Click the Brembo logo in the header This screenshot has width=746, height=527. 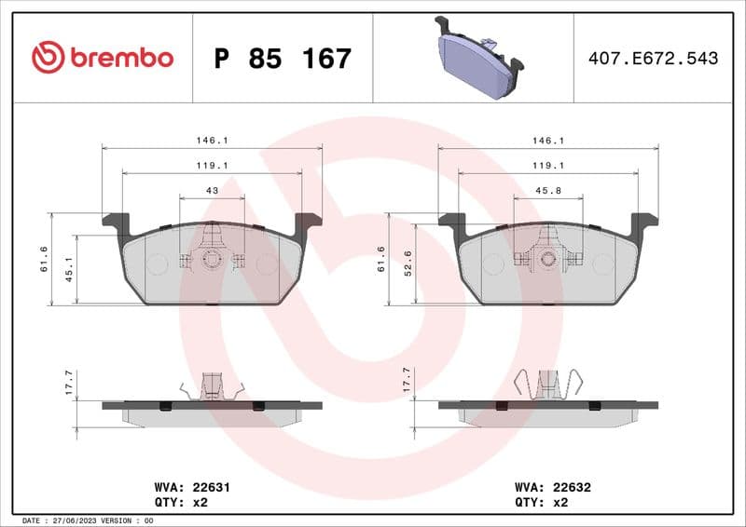tap(103, 58)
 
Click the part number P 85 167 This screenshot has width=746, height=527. tap(283, 59)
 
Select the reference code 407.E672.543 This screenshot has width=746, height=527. tap(653, 59)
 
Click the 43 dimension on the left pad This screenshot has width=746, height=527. tap(212, 191)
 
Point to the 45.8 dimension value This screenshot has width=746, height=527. tap(548, 191)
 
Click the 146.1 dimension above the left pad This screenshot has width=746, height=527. tap(212, 141)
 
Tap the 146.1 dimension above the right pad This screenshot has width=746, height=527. tap(548, 141)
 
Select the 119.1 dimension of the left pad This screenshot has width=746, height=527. tap(212, 166)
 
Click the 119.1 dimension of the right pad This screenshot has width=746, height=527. tap(548, 166)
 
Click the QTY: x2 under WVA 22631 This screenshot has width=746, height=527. tap(180, 501)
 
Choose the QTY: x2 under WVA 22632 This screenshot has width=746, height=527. tap(541, 501)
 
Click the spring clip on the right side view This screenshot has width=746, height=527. tap(549, 384)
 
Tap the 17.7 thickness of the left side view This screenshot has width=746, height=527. tap(68, 381)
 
